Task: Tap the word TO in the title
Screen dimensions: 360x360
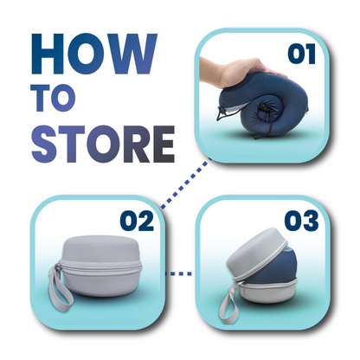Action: click(x=54, y=100)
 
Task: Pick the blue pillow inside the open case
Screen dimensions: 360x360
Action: click(x=281, y=277)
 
